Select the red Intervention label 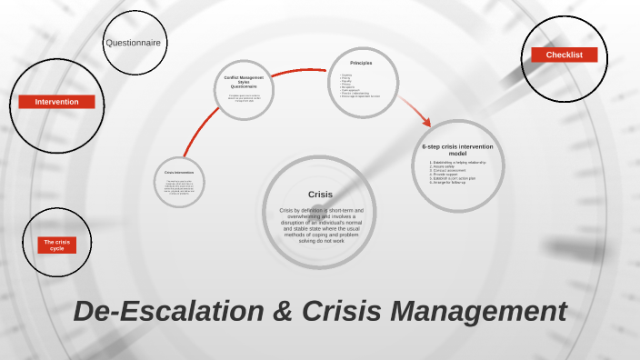[x=56, y=102]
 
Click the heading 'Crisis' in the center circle [x=320, y=195]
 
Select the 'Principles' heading [x=361, y=63]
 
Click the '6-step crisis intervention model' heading [x=457, y=149]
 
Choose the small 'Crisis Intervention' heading [x=179, y=172]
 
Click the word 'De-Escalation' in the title [x=165, y=311]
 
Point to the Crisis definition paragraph [x=320, y=225]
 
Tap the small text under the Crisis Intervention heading [x=179, y=187]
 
